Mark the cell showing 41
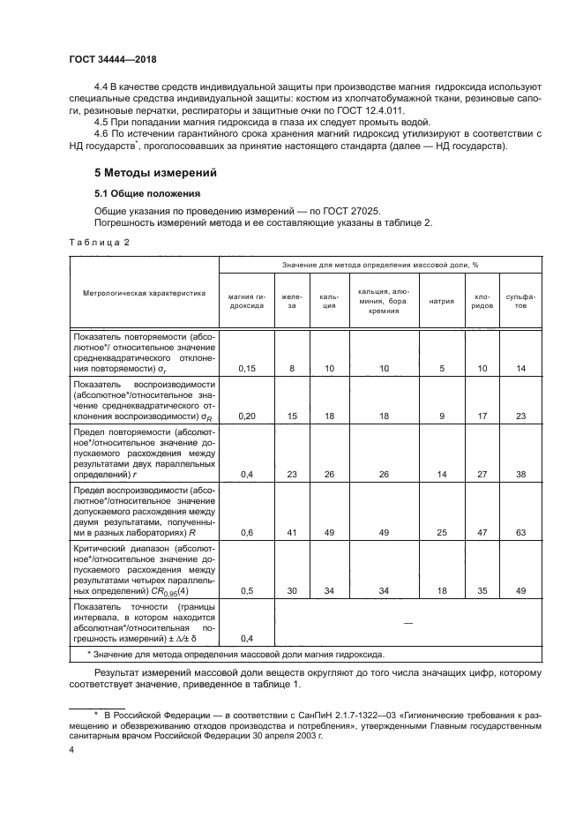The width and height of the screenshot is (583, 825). coord(291,532)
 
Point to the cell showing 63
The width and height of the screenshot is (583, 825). coord(520,532)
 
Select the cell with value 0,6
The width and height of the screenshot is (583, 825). coord(246,532)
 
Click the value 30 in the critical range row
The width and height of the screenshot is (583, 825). coord(291,590)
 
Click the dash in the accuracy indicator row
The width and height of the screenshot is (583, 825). coord(407,623)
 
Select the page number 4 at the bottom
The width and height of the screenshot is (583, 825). coord(71,749)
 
